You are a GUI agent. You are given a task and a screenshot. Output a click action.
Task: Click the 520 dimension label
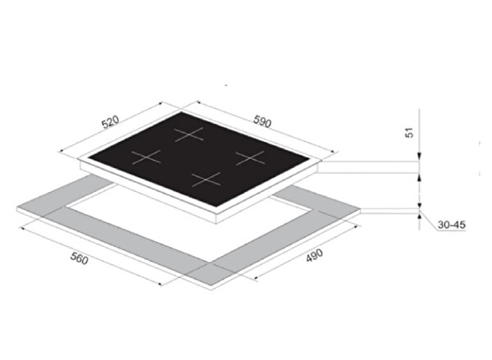tap(111, 122)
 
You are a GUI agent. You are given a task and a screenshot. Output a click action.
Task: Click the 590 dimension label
tap(262, 122)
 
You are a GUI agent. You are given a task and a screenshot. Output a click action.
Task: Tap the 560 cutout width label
tap(79, 258)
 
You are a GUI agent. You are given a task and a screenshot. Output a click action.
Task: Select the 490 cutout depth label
tap(314, 255)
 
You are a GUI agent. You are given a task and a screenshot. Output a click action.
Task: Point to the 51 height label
tap(410, 133)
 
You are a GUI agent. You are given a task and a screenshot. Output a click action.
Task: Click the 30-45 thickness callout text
tap(452, 225)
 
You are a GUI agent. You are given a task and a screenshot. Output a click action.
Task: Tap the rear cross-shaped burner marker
tap(189, 134)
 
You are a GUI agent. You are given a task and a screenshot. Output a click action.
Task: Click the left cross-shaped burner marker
tap(146, 157)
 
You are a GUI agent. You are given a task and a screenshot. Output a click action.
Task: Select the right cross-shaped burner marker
tap(250, 157)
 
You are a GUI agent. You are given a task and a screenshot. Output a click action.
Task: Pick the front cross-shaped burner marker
tap(206, 180)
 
